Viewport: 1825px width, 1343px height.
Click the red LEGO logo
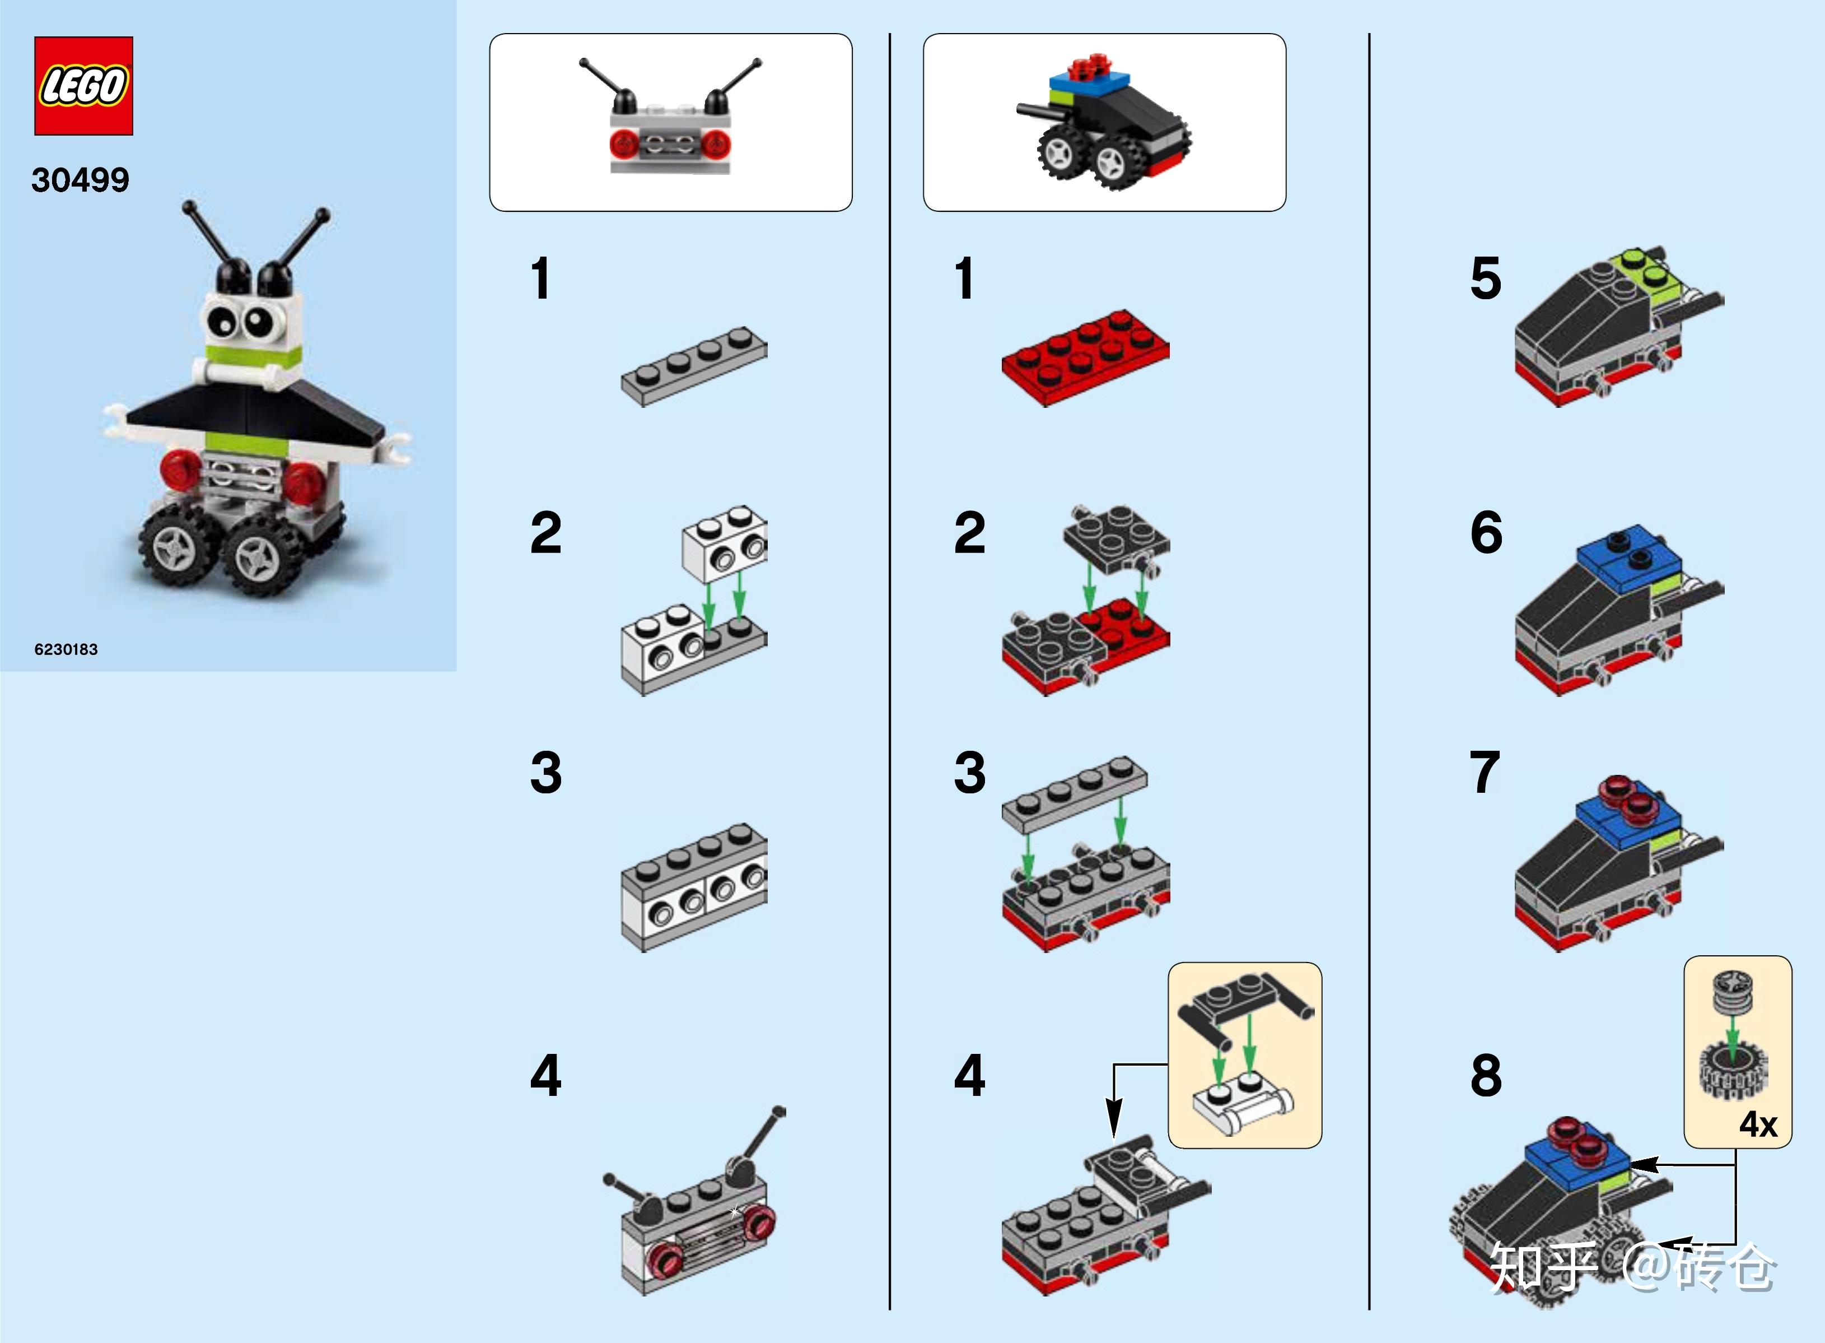tap(83, 85)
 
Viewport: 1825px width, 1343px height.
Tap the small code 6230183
tap(66, 649)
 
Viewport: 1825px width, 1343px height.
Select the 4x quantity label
tap(1758, 1124)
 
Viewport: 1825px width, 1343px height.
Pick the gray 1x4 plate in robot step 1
tap(694, 366)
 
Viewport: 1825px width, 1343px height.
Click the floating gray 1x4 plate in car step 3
tap(1074, 793)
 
